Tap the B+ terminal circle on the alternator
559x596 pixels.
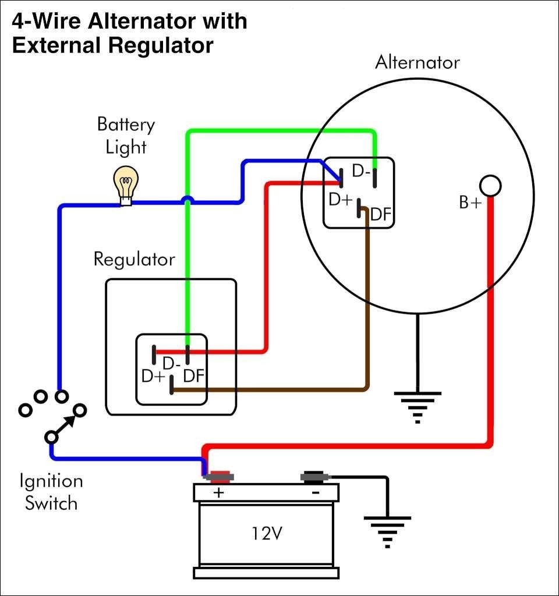click(490, 186)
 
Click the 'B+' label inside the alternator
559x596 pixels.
click(470, 203)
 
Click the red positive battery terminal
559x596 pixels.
click(219, 477)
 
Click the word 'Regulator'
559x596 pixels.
click(134, 259)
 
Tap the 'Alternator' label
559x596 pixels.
click(417, 62)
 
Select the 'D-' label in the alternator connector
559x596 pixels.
click(361, 173)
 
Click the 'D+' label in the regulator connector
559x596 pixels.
click(153, 376)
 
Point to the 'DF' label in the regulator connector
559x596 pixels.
click(193, 376)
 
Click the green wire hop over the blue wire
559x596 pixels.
click(187, 201)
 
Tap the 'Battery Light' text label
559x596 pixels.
click(126, 136)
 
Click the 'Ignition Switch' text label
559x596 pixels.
click(51, 492)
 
